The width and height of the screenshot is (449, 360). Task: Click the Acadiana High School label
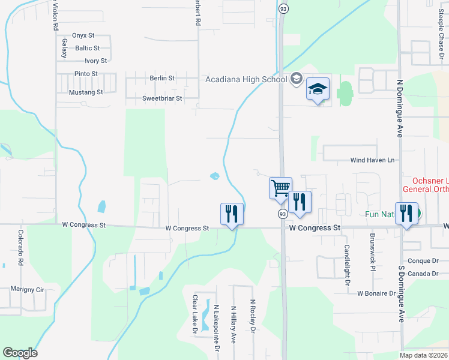point(246,79)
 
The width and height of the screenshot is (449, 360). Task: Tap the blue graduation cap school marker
point(318,90)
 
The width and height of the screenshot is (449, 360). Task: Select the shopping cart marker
point(280,188)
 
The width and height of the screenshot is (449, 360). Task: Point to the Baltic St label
point(88,48)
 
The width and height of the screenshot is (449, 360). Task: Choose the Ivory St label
point(95,61)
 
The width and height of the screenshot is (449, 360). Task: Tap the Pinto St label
point(86,74)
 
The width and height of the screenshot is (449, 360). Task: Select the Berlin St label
point(162,78)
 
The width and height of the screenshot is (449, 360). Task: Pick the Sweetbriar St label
point(161,98)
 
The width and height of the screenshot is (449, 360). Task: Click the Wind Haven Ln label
point(373,160)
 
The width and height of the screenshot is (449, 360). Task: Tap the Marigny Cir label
point(28,289)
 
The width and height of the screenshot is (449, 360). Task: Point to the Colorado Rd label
point(20,248)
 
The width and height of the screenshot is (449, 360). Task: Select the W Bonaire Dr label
point(376,293)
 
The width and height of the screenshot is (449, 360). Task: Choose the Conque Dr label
point(424,261)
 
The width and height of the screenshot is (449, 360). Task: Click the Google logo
point(20,353)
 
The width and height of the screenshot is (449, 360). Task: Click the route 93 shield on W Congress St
point(282,214)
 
